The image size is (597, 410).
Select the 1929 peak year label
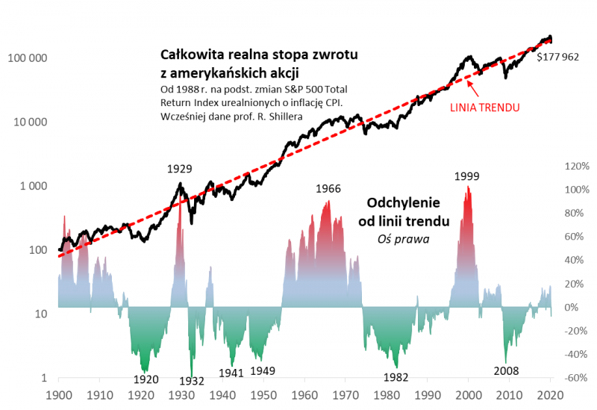(x=179, y=169)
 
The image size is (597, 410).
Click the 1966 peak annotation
(x=328, y=189)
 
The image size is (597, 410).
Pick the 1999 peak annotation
(x=466, y=176)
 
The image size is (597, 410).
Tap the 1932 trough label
(x=191, y=381)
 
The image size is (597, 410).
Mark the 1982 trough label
(x=396, y=377)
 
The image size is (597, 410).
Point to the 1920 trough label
(x=146, y=379)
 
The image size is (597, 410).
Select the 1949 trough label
(x=262, y=371)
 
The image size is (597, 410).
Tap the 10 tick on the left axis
(x=42, y=314)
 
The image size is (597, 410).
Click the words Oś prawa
(x=407, y=238)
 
